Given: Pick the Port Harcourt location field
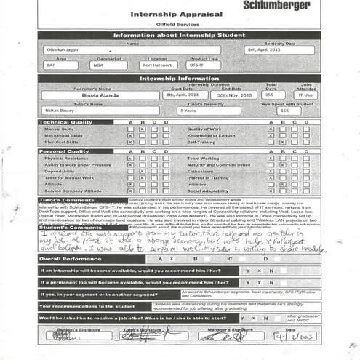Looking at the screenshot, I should (x=158, y=65).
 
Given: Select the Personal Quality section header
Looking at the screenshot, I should (x=65, y=151).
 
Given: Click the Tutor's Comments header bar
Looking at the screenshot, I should (x=67, y=199).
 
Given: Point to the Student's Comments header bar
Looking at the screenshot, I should (x=69, y=227).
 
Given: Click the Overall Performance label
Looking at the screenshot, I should (x=72, y=259).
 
